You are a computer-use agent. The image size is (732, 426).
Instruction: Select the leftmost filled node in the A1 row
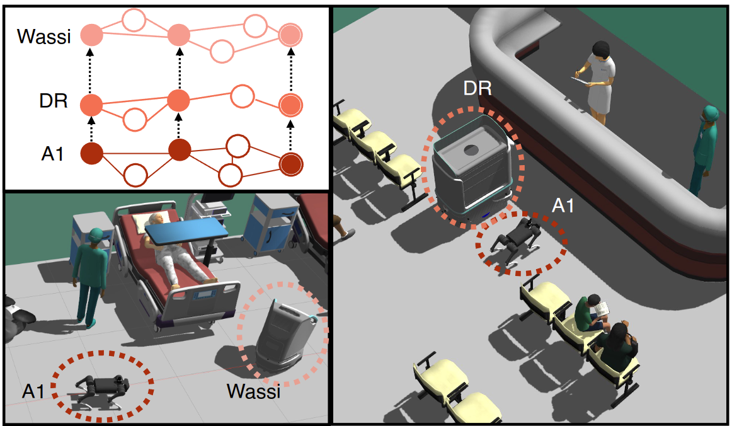pos(93,153)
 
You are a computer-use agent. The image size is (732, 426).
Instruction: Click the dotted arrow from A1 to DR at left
pos(93,128)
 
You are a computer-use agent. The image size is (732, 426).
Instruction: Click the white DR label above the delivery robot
pos(477,88)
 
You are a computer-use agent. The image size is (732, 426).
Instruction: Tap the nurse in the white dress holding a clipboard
pos(599,79)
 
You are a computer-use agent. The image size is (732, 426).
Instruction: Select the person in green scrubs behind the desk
pos(706,148)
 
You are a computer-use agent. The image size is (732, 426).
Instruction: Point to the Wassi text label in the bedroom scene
pos(253,392)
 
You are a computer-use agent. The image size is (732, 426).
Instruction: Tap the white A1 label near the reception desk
pos(562,205)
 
